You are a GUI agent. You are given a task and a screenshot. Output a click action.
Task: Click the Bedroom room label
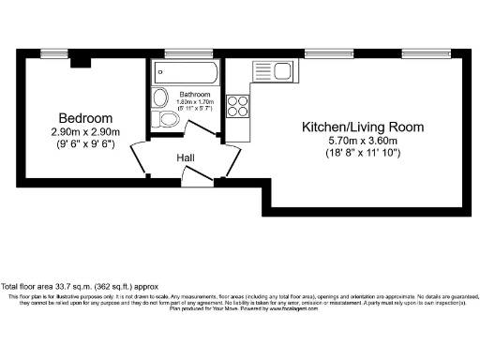pos(85,119)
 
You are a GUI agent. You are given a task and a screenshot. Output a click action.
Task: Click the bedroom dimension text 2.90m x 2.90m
pos(85,133)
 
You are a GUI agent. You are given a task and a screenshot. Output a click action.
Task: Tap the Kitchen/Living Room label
pos(362,126)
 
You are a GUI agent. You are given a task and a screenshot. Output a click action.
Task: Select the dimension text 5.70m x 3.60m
pos(362,139)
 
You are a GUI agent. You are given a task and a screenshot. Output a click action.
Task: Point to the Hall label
pos(186,158)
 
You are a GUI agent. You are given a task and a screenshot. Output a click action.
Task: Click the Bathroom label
pos(195,95)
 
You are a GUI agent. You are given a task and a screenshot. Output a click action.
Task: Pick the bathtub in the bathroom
pos(185,73)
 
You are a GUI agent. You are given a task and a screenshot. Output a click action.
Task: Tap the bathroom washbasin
pos(159,97)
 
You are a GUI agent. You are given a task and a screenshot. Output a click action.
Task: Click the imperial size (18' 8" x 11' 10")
pos(362,152)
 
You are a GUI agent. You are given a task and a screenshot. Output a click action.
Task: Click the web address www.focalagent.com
pos(297,308)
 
